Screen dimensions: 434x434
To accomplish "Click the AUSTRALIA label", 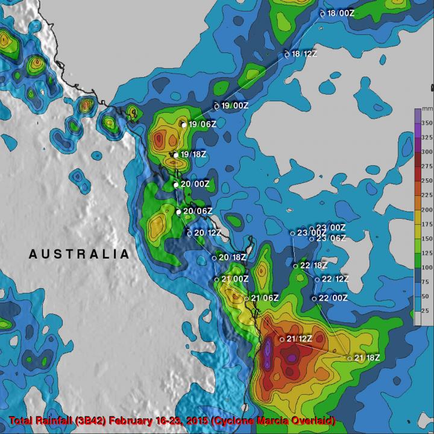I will (79, 254).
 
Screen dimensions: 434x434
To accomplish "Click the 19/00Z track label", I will (235, 106).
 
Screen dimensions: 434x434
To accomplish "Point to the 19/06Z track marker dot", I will (184, 125).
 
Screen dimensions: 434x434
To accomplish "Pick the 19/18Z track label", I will (194, 155).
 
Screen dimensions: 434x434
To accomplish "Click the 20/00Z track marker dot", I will (176, 184).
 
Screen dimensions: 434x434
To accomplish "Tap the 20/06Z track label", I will (198, 211).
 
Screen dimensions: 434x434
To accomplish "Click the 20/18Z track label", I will (232, 257).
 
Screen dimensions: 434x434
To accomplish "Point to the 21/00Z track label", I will (235, 279).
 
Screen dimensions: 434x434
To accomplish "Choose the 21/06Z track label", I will (265, 298).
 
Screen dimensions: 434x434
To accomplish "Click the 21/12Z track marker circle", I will (281, 339).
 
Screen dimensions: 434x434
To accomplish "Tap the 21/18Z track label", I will (367, 358).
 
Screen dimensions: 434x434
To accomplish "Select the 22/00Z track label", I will (333, 298).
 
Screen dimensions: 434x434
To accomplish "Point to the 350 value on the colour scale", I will (426, 122).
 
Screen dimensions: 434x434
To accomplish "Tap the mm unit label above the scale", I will (427, 109).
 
